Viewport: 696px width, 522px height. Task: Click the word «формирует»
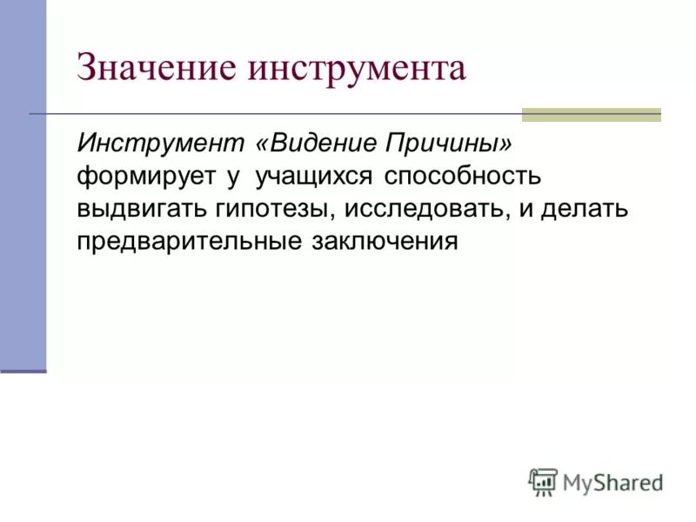pos(146,176)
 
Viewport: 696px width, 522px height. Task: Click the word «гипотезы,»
pos(267,209)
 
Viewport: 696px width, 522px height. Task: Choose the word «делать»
pos(591,209)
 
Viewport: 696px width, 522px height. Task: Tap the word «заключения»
pos(384,241)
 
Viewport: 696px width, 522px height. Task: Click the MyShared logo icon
pos(544,481)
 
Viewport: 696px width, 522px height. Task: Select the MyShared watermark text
pos(612,482)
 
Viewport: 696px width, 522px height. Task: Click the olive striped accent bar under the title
pos(591,114)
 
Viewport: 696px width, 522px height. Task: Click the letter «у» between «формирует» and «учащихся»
pos(233,177)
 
